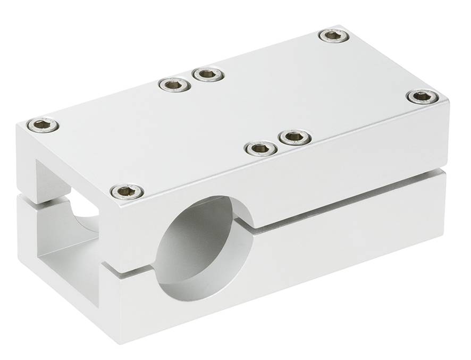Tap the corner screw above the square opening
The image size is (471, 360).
43,125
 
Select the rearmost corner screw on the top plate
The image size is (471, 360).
334,36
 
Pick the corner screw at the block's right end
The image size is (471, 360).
423,97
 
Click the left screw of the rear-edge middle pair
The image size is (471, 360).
175,84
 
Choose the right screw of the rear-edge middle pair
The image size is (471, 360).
208,74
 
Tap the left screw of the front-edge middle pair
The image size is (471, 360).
261,148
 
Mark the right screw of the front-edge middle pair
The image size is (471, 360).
294,138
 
